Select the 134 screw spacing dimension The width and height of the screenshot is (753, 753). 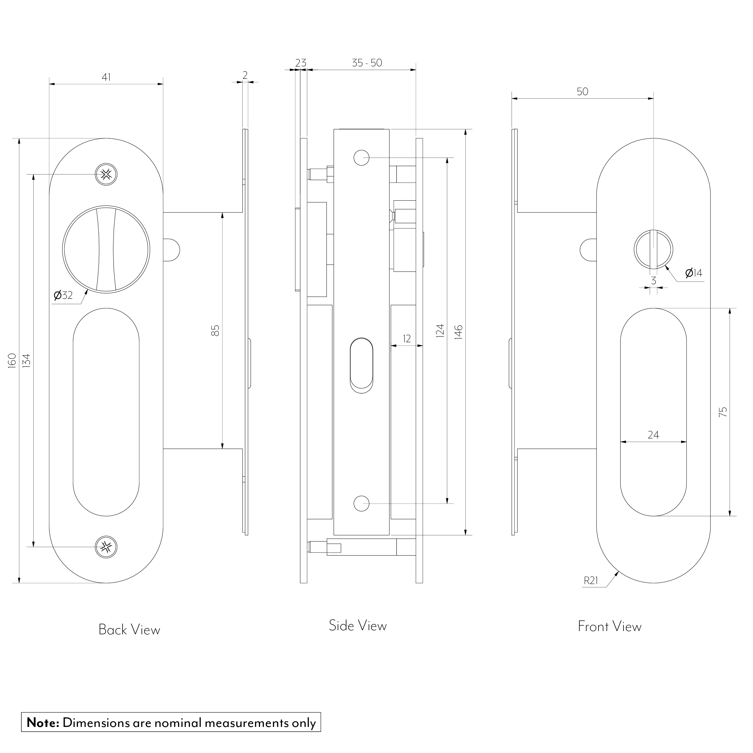[x=27, y=360]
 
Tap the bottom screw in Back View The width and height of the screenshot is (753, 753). [x=106, y=547]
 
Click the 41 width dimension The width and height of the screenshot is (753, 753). [x=106, y=77]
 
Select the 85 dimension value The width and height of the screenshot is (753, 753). [x=215, y=331]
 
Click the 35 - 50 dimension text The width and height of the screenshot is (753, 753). [x=367, y=63]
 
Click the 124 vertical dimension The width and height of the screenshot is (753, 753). [x=440, y=331]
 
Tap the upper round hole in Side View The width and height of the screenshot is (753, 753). [x=361, y=158]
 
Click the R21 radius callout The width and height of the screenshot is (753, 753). [x=591, y=592]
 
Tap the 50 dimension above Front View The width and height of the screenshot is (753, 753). [x=582, y=92]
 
